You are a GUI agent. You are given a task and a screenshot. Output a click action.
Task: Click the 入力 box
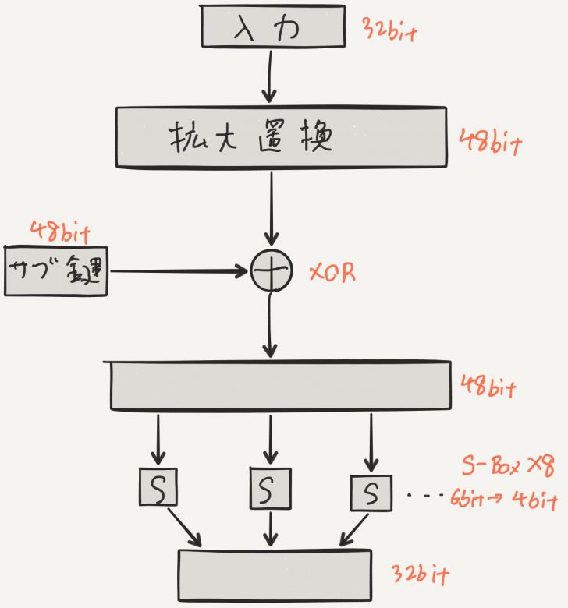coord(274,27)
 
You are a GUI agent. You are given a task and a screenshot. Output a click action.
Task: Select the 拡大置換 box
coord(282,136)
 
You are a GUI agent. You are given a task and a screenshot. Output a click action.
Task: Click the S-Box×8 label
coord(506,467)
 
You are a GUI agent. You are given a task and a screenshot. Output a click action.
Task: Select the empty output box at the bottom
coord(275,573)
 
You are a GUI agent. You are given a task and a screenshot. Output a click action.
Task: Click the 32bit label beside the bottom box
coord(422,576)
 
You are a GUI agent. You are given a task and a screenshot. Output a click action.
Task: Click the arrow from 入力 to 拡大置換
coord(268,76)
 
